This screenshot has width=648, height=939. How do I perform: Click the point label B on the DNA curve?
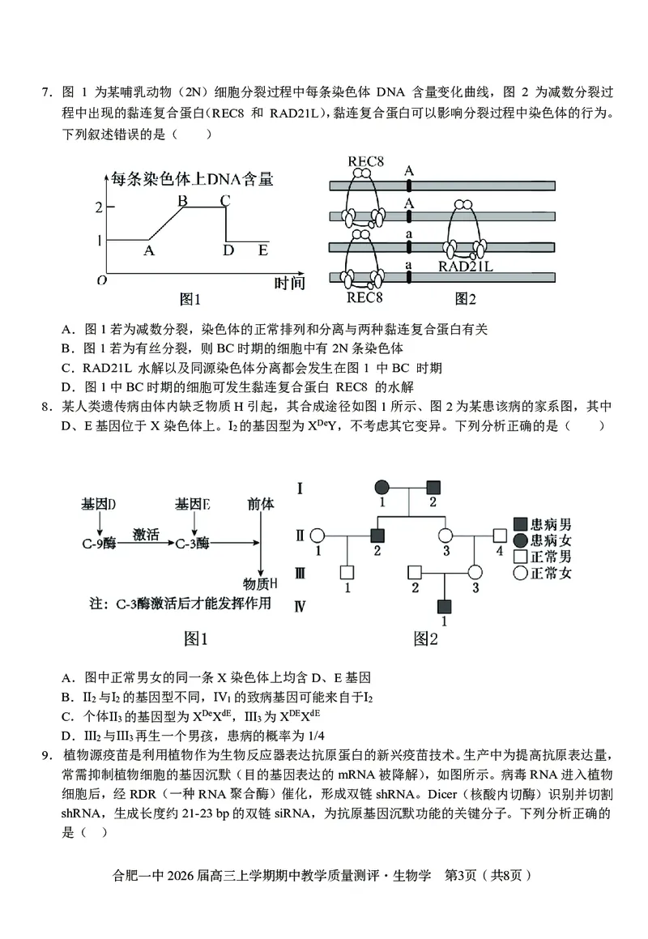[x=183, y=200]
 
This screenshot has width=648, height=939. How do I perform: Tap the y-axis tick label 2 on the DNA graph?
[x=99, y=207]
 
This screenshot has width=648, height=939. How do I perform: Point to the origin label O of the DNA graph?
[x=102, y=280]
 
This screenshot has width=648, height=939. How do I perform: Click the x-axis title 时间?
[x=289, y=282]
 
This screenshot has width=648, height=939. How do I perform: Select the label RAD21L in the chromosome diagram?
[x=466, y=265]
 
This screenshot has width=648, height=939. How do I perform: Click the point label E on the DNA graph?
[x=262, y=250]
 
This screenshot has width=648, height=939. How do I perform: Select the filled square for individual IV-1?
[x=445, y=606]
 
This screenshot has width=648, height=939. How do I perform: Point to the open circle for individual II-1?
[x=318, y=536]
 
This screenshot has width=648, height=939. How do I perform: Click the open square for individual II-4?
[x=499, y=536]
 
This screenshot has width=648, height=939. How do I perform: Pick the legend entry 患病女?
[x=544, y=539]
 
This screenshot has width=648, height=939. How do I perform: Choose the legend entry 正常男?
[x=544, y=556]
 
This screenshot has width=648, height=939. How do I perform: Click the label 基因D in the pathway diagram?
[x=99, y=504]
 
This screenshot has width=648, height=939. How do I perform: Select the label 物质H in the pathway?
[x=260, y=583]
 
